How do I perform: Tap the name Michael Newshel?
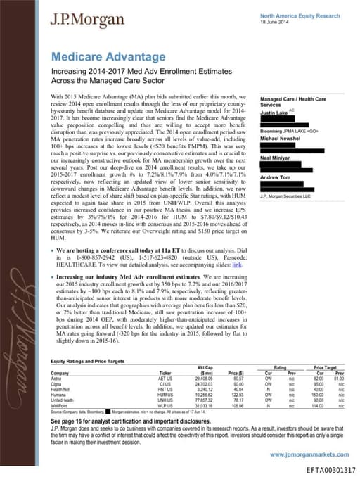pos(280,139)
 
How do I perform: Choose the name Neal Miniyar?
pos(276,158)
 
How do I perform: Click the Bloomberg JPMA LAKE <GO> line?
pos(290,131)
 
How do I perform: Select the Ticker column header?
pos(166,372)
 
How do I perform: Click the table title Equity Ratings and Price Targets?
pos(89,362)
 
